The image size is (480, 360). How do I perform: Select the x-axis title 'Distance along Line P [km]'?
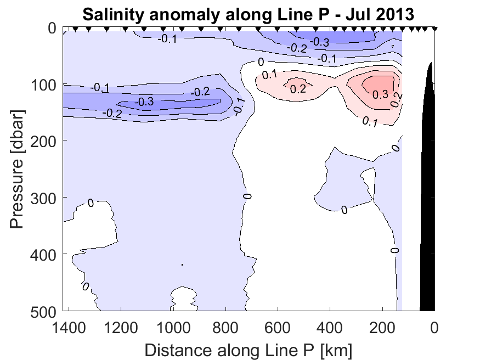coord(249,349)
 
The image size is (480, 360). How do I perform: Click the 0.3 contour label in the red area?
coord(380,94)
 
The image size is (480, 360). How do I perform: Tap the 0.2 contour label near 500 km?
coord(298,89)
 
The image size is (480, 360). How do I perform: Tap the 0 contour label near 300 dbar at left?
coord(91,203)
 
